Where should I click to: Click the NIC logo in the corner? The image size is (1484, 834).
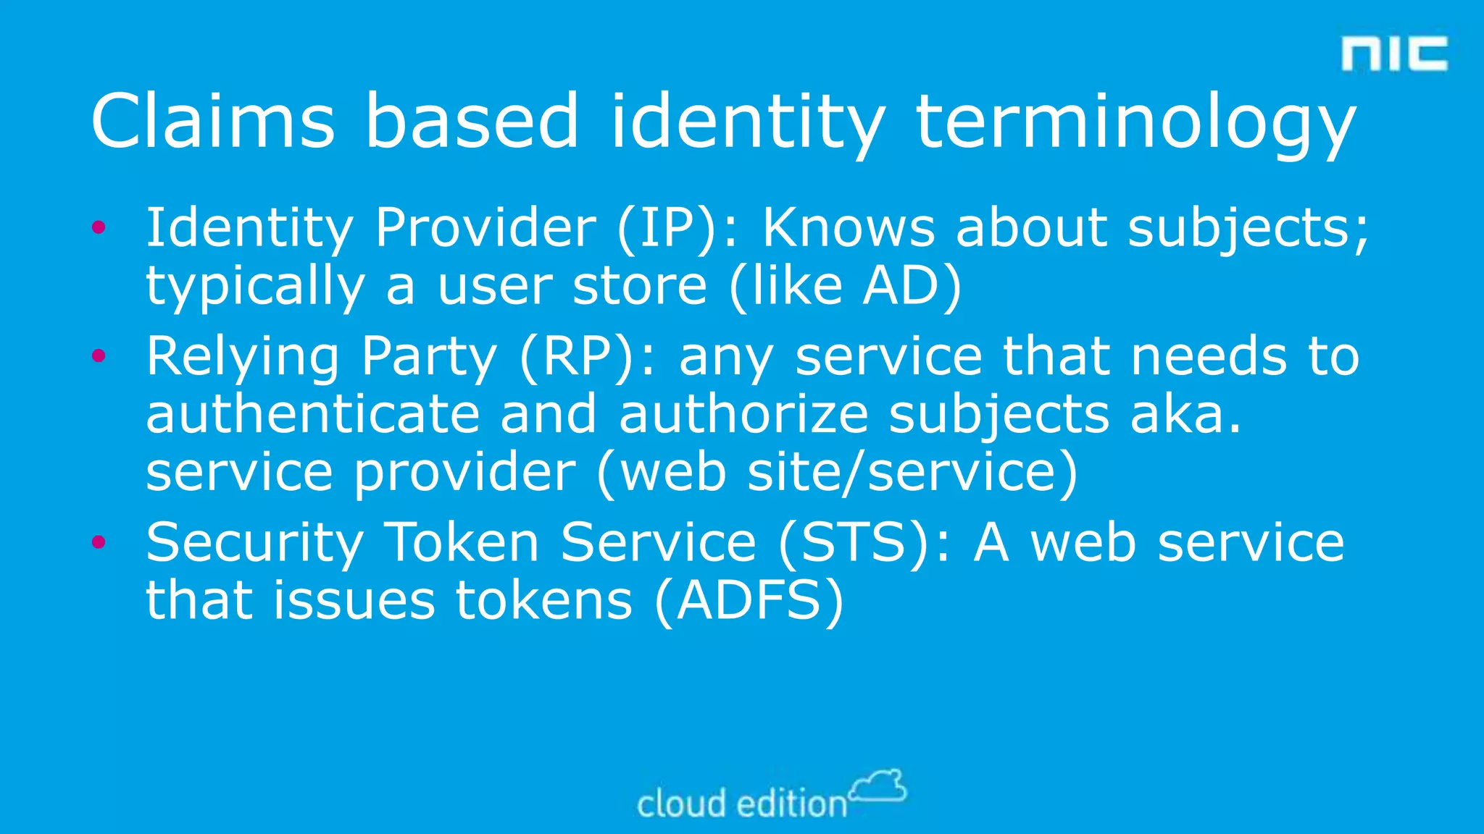click(x=1394, y=54)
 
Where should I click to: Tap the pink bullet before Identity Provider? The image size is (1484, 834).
click(x=99, y=228)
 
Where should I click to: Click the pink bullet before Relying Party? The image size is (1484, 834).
click(x=99, y=355)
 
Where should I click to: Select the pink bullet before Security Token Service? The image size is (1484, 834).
click(x=99, y=542)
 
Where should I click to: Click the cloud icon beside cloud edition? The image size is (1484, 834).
click(x=878, y=786)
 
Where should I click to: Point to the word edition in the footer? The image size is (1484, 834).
click(x=792, y=804)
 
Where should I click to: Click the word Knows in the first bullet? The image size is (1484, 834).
click(x=849, y=228)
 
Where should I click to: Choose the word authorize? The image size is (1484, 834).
click(x=743, y=414)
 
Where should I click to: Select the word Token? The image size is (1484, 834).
click(x=461, y=542)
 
